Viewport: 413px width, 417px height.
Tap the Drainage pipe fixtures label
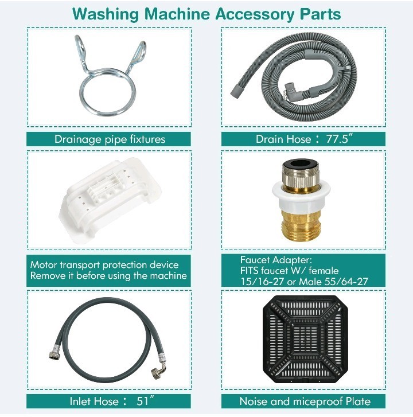110,139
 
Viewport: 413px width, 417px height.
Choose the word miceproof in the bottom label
317,401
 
